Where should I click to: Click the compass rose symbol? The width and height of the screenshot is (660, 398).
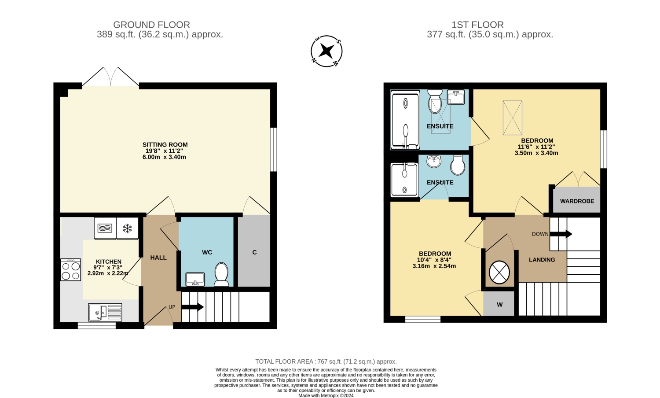coord(326,52)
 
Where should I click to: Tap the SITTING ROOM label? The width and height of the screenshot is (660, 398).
coord(165,145)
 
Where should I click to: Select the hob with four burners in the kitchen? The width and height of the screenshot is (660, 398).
coord(71,270)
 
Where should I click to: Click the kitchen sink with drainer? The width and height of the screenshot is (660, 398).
coord(105,312)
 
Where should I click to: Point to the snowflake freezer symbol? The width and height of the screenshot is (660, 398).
coord(127,228)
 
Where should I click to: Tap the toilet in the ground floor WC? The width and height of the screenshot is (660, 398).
coord(222,274)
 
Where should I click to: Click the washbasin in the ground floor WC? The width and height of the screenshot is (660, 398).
coord(195,279)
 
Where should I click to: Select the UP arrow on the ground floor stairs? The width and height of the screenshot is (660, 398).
coord(192,307)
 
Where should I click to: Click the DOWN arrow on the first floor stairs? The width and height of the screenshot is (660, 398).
coord(561,234)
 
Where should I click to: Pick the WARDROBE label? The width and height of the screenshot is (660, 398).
coord(577,201)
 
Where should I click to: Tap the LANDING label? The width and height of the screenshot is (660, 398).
coord(542,260)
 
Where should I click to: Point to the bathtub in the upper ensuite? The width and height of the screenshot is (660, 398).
coord(405,120)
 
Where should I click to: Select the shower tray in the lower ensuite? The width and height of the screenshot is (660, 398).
coord(404,180)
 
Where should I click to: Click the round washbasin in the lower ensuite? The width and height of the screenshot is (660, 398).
coord(434,161)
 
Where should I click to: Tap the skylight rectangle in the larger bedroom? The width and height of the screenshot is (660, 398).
coord(513,118)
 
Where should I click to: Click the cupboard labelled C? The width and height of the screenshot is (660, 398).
coord(254,251)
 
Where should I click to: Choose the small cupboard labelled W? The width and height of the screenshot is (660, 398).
coord(499,304)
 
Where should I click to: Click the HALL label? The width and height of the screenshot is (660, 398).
coord(158,258)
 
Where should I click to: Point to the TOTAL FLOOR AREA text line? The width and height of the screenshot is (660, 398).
coord(326,361)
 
